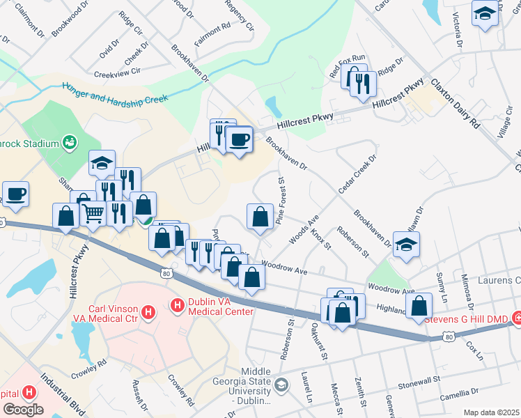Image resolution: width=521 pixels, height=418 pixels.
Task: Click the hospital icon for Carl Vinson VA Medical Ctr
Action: (147, 313)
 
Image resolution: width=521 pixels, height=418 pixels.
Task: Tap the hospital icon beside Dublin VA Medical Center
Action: (177, 305)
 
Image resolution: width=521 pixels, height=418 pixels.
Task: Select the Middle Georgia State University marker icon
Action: (281, 385)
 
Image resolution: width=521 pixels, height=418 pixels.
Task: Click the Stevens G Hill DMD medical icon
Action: (516, 319)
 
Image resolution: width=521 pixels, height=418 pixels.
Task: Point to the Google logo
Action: (23, 409)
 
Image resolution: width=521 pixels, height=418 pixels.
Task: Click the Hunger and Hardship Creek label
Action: (115, 93)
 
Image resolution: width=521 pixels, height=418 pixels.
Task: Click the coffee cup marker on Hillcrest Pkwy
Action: (240, 139)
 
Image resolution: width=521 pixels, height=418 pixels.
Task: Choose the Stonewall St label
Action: (420, 380)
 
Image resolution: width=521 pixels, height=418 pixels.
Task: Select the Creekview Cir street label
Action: (118, 72)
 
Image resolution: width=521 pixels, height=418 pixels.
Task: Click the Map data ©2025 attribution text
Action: (491, 412)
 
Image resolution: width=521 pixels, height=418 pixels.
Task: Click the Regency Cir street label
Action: (240, 15)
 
